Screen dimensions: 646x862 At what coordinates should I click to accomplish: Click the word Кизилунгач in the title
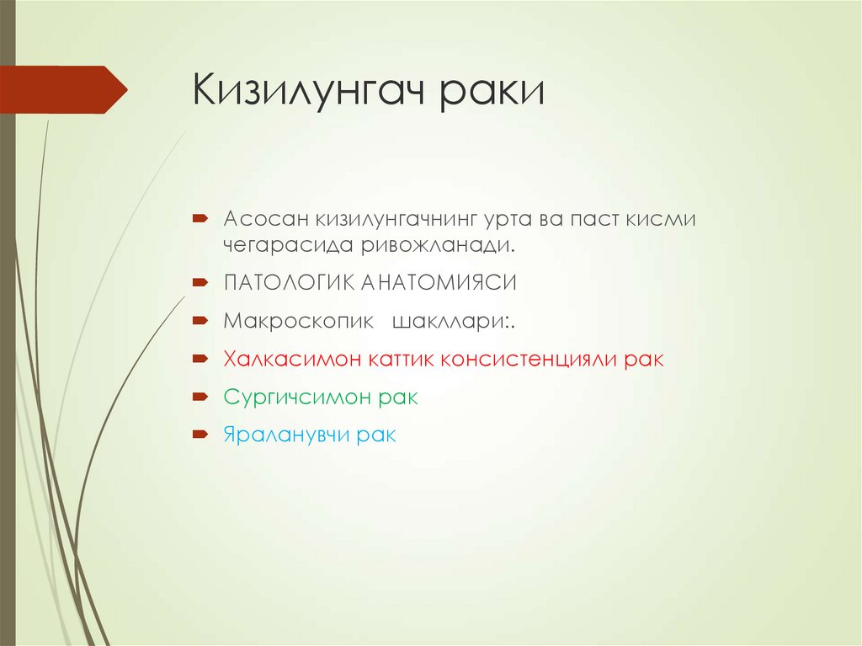click(x=308, y=90)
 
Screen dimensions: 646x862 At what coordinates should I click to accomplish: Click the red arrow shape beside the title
click(x=63, y=89)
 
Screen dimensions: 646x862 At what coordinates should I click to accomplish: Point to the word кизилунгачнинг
click(x=396, y=220)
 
